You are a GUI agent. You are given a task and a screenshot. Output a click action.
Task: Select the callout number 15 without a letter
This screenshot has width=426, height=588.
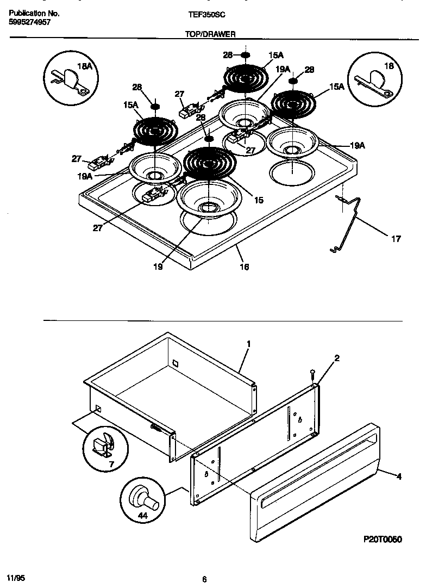tap(258, 200)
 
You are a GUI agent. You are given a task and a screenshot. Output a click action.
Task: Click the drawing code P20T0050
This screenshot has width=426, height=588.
tap(382, 539)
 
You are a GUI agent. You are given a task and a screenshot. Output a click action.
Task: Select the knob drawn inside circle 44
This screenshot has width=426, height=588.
tap(143, 497)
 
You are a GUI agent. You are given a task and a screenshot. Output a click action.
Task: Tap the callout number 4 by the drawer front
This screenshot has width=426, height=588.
tap(399, 476)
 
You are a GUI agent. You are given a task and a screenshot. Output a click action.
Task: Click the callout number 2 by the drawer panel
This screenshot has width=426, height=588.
tap(337, 358)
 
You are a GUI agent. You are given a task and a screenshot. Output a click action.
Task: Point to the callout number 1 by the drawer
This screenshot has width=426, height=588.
tap(248, 344)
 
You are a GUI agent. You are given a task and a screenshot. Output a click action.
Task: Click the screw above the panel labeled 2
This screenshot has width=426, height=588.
tap(312, 374)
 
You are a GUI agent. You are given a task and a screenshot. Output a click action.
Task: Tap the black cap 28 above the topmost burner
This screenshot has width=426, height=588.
tap(245, 55)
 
